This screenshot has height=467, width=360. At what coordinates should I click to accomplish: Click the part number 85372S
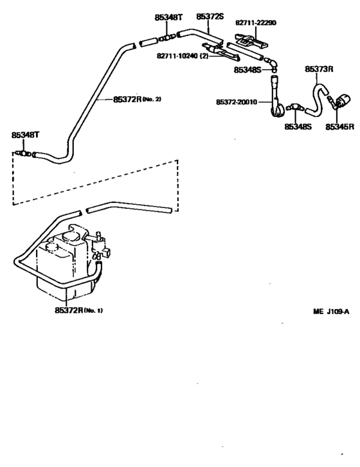(210, 17)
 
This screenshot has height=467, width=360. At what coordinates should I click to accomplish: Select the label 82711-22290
(256, 22)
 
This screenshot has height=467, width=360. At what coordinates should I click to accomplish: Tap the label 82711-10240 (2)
(183, 56)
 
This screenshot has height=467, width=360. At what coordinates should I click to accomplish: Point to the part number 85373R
(319, 69)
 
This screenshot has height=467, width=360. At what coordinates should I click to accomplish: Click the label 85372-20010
(237, 102)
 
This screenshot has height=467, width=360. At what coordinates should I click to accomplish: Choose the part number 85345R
(339, 127)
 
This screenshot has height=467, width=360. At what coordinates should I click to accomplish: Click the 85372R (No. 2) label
(137, 99)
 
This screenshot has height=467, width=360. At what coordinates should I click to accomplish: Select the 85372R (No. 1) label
(78, 310)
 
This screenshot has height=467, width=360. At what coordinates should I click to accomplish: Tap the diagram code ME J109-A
(331, 312)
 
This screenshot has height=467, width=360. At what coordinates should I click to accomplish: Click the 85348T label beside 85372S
(168, 17)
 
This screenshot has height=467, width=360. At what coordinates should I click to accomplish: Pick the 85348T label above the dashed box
(25, 135)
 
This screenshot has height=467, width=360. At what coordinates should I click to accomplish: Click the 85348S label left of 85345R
(298, 127)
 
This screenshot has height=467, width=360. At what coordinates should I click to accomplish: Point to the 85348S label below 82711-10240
(248, 69)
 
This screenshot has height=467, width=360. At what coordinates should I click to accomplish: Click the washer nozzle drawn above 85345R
(341, 101)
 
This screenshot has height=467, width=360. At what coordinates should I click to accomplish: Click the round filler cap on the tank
(71, 236)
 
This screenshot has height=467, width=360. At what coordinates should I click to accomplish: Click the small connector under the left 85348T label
(22, 154)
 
